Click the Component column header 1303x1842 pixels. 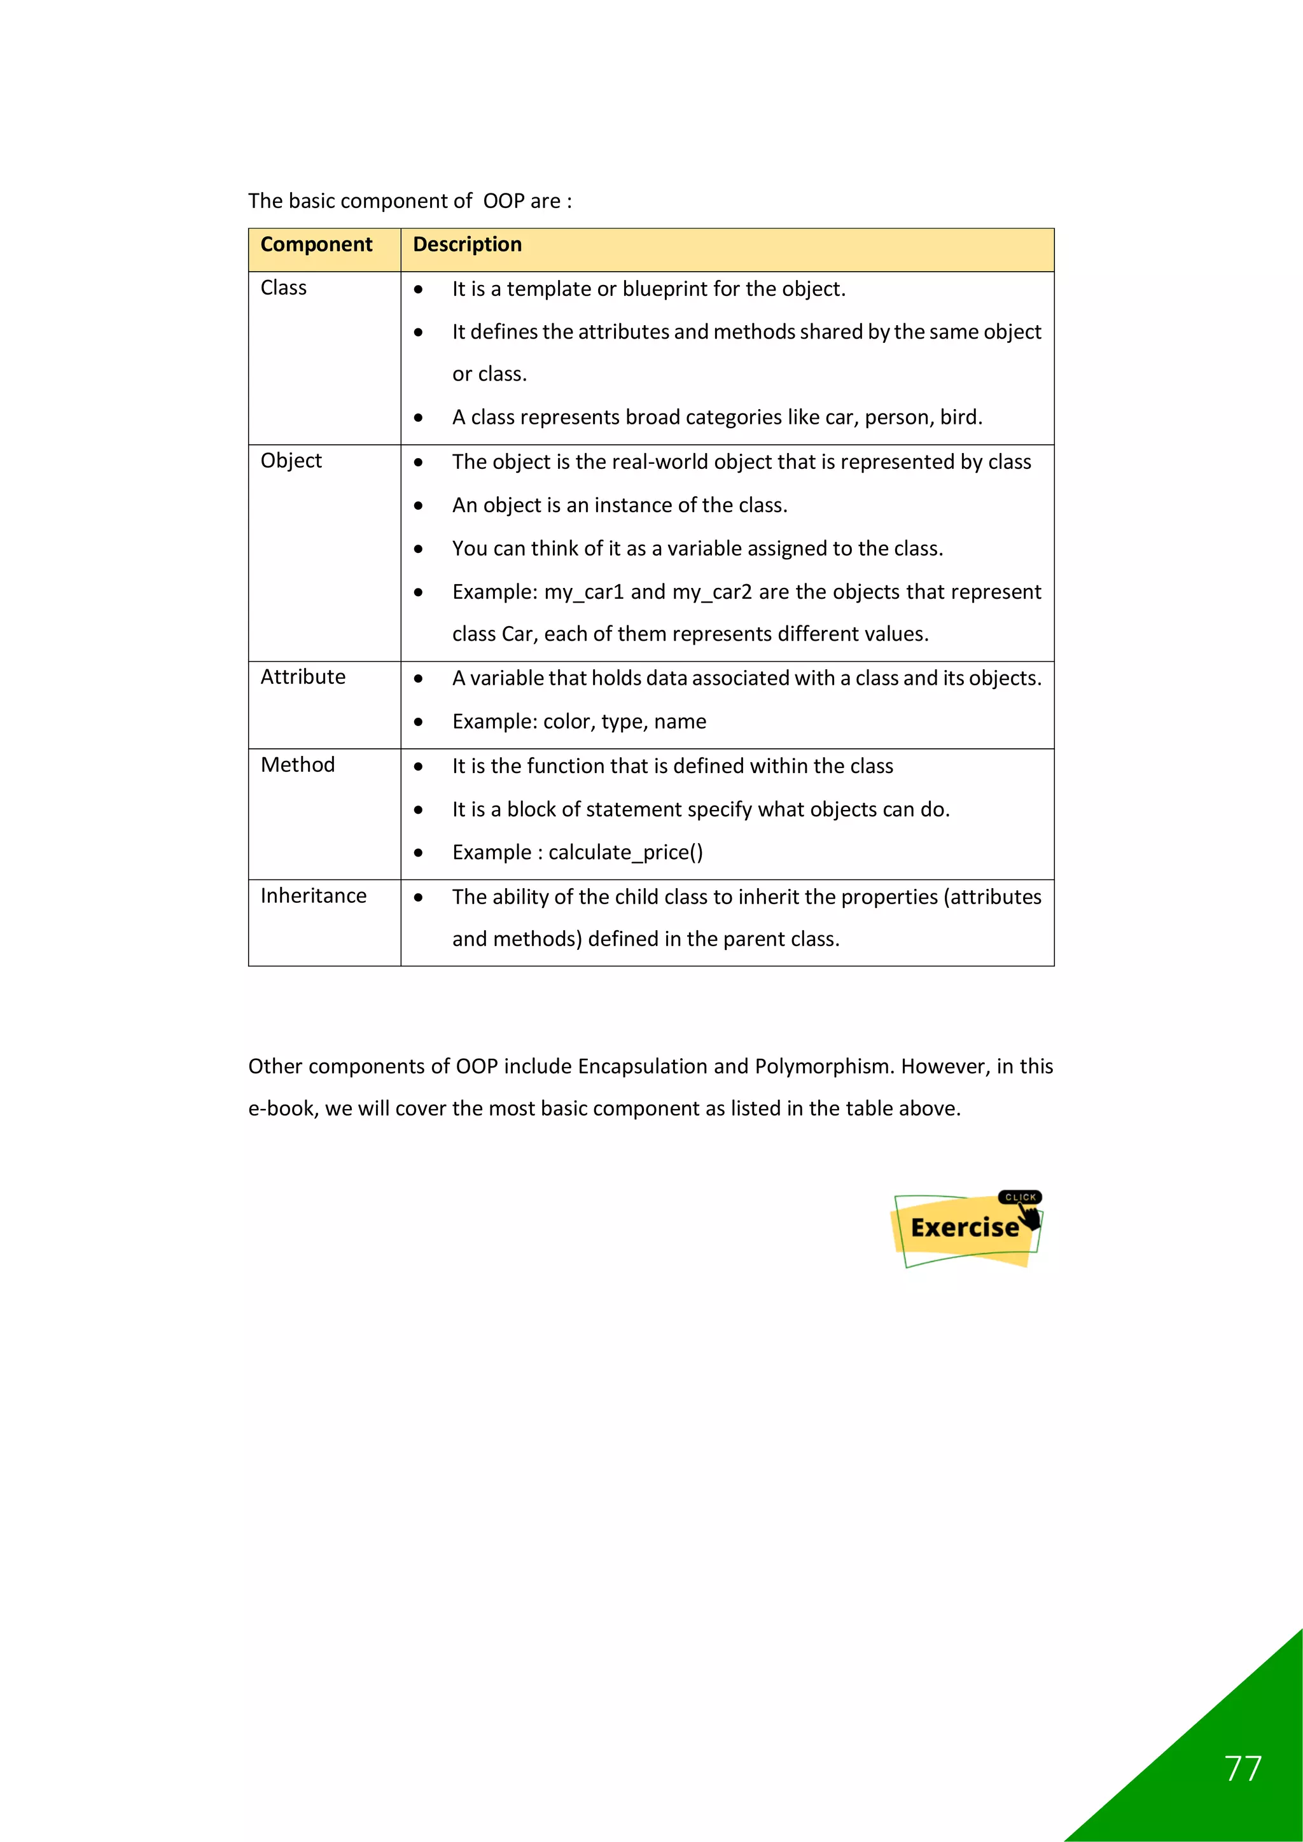(316, 245)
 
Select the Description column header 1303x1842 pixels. (467, 245)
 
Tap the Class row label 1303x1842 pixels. (283, 288)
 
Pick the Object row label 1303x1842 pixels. (291, 461)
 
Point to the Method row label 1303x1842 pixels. (298, 765)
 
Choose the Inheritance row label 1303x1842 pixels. (313, 895)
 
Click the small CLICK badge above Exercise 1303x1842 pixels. (1020, 1197)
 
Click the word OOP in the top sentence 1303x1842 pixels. (503, 200)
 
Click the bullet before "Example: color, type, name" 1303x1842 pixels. (418, 722)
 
